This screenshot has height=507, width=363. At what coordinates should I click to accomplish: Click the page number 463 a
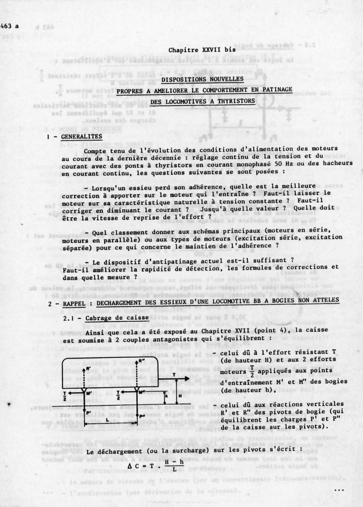pos(11,27)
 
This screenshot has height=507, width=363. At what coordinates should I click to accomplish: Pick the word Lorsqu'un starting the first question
pos(112,186)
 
